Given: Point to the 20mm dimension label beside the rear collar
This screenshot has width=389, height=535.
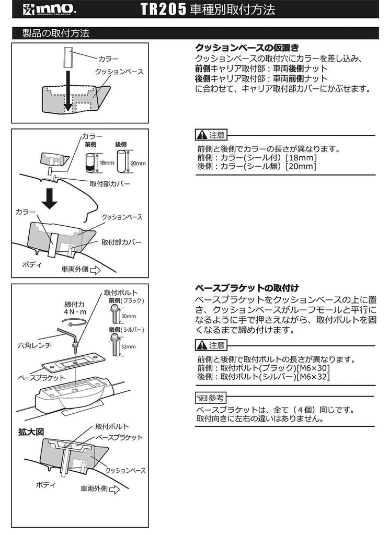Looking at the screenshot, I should coord(138,163).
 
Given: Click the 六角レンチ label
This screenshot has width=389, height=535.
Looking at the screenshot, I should coord(33,345).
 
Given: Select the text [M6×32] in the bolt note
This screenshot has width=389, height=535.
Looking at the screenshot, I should coord(312,377).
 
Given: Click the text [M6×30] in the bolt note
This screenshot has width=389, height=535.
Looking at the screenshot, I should coord(312,368).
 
